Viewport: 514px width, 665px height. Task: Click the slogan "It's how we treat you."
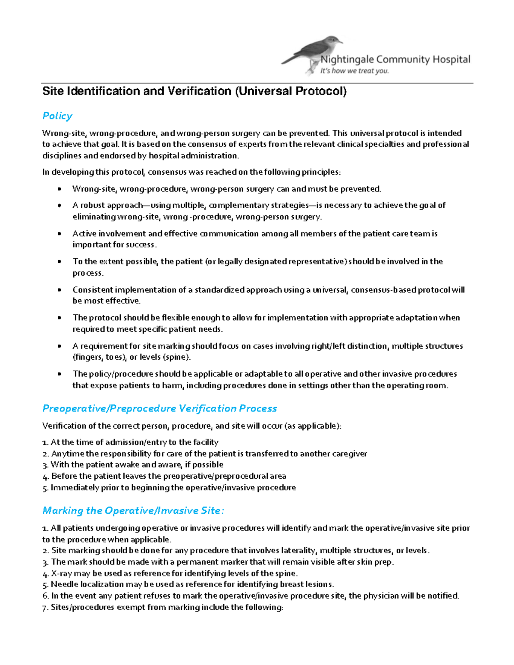354,71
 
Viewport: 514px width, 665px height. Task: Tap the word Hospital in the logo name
451,60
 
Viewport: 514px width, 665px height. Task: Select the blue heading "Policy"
57,116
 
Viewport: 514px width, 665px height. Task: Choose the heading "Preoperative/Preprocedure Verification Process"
159,409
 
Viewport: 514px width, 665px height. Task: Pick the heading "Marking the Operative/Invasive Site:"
133,510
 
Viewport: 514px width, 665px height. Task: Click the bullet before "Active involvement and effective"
60,234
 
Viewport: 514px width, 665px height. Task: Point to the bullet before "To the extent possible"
60,262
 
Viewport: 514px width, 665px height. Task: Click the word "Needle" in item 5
64,584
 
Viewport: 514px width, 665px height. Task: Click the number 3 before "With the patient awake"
45,465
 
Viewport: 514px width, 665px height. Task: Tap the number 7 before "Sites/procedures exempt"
45,608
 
